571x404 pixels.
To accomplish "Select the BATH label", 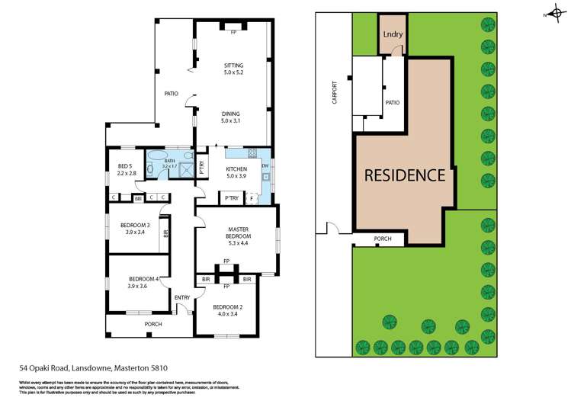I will click(169, 162).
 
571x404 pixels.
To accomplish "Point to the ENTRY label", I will click(182, 297).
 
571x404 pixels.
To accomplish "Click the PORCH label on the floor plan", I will click(153, 324).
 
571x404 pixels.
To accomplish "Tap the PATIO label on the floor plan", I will click(172, 94).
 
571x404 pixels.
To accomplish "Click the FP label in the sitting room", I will click(233, 33).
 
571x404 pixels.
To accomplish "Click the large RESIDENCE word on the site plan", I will click(404, 175).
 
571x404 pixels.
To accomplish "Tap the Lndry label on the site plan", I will click(393, 34).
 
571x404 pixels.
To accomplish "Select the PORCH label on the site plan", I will click(383, 238).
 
